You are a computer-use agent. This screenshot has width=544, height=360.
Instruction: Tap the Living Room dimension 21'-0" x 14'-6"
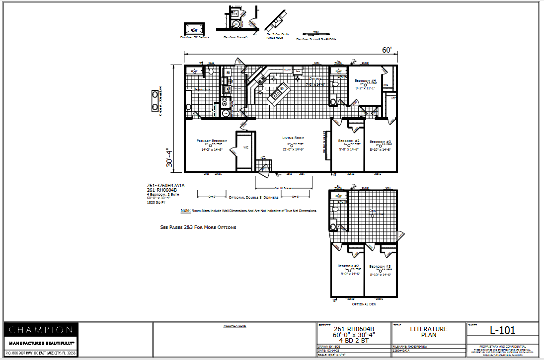[293, 149]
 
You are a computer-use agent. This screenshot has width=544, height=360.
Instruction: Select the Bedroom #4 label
[365, 80]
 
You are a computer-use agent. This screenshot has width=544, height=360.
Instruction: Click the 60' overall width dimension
[387, 50]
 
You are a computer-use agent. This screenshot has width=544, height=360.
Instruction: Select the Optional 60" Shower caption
[195, 37]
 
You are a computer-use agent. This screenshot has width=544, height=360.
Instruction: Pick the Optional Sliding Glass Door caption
[316, 39]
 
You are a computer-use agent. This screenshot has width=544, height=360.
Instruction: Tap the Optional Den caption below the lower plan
[365, 304]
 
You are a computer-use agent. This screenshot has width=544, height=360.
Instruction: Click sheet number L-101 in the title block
[502, 330]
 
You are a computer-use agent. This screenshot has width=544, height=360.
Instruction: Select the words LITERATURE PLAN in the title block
[429, 332]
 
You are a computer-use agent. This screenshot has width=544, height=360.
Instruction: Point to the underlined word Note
[185, 211]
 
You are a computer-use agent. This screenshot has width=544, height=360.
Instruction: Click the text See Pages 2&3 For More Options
[198, 227]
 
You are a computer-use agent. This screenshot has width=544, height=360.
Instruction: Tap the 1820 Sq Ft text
[155, 203]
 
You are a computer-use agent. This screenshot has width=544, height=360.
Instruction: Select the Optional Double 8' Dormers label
[253, 197]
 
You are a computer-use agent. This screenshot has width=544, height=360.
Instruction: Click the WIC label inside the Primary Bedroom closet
[246, 147]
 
